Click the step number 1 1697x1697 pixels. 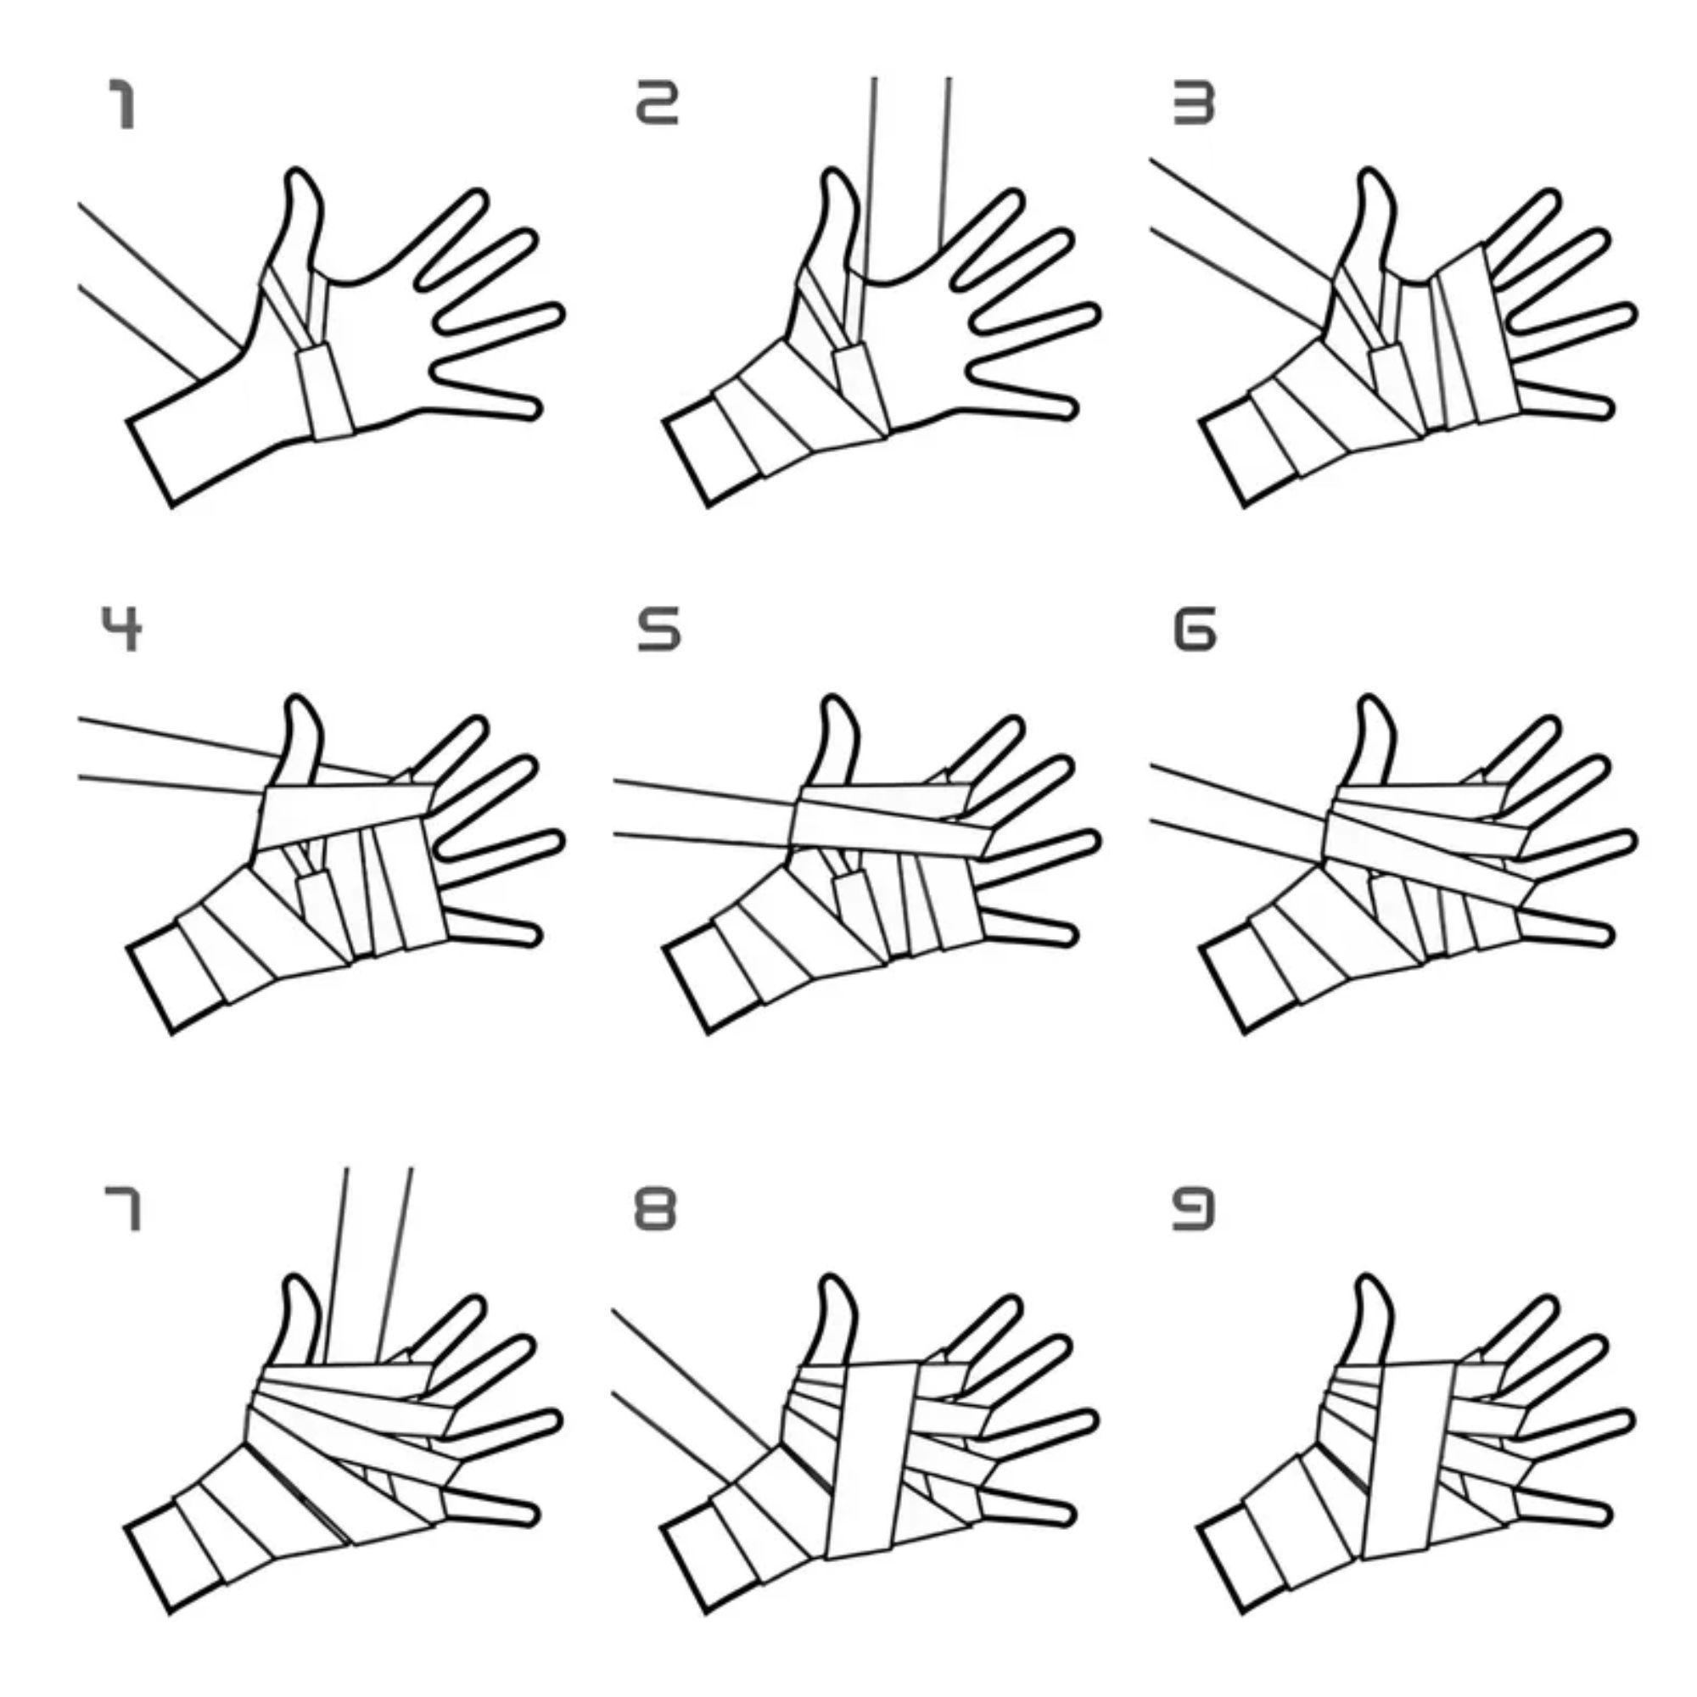(124, 104)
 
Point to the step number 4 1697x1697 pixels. (122, 629)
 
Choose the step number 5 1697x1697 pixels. (658, 630)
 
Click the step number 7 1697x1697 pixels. (124, 1208)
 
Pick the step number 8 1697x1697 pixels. (656, 1208)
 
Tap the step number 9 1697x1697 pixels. (1195, 1208)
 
